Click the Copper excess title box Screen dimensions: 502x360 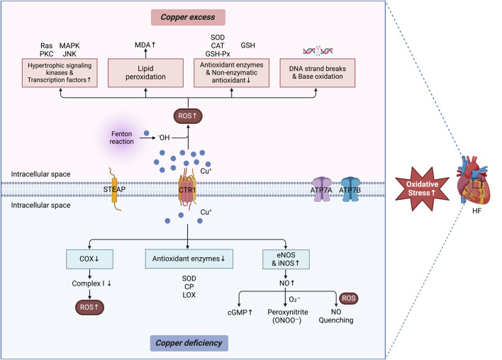[x=188, y=17]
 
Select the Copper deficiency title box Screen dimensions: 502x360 [x=189, y=343]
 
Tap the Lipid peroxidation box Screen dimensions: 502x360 [x=145, y=73]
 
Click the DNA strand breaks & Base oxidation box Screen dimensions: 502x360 [x=317, y=73]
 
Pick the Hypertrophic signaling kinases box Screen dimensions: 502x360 [x=60, y=73]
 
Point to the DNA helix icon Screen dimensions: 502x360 [x=318, y=51]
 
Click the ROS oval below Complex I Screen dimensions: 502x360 [x=89, y=307]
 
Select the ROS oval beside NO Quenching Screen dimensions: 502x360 [x=348, y=298]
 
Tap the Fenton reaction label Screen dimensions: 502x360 [x=122, y=137]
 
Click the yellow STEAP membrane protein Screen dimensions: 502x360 [x=114, y=189]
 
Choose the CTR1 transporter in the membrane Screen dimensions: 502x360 [x=187, y=189]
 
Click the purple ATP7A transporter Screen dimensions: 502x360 [x=321, y=189]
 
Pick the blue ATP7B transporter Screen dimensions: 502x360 [x=350, y=189]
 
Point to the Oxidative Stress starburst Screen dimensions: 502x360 [x=422, y=189]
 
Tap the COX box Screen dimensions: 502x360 [x=89, y=259]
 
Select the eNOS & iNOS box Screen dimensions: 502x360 [x=286, y=259]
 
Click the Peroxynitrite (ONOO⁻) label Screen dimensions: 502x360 [x=287, y=316]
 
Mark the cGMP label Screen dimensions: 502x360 [x=240, y=313]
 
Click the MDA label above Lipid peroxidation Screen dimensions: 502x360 [x=145, y=45]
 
